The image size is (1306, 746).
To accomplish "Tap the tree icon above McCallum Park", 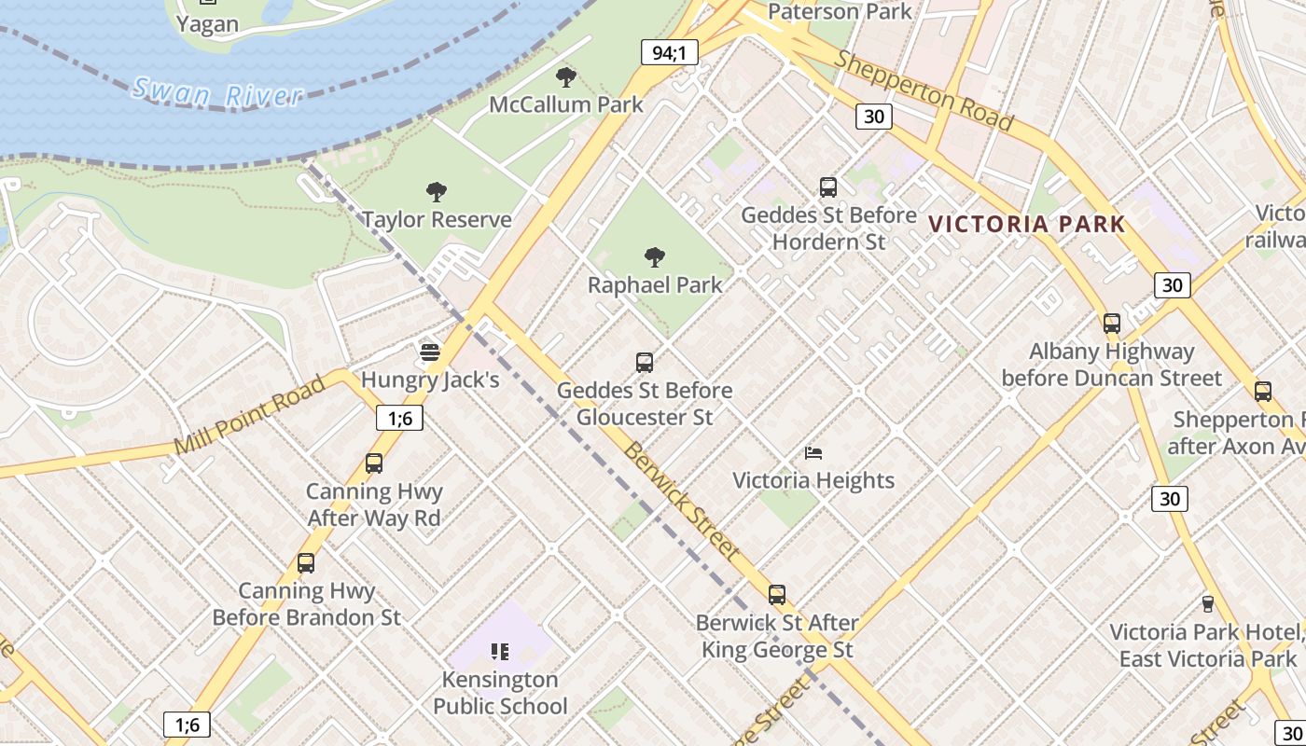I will click(x=565, y=76).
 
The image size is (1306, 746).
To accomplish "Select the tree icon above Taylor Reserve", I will click(x=436, y=192).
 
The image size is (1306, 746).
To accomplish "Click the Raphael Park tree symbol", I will click(x=655, y=256).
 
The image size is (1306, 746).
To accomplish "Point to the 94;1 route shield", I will click(x=670, y=53).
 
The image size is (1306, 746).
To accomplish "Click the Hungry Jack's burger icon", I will click(x=429, y=352).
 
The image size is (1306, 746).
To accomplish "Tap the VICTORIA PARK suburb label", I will click(x=1027, y=224).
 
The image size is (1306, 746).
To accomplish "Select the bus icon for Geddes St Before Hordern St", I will click(x=828, y=187).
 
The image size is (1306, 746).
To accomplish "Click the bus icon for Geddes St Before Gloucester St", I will click(x=644, y=363).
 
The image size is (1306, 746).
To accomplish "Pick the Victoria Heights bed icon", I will click(x=813, y=453).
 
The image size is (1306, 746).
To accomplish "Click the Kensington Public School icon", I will click(x=500, y=651).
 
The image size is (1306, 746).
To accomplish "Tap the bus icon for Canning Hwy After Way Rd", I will click(x=374, y=463).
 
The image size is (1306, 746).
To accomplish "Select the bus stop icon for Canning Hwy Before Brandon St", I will click(x=306, y=563).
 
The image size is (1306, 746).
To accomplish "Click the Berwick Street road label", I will click(x=682, y=500).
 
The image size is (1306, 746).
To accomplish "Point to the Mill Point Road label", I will click(x=250, y=414).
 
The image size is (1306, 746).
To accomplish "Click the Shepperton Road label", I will click(x=924, y=90).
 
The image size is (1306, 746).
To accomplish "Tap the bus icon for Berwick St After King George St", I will click(x=777, y=595).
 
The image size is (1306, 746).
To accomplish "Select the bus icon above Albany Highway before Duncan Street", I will click(x=1112, y=324).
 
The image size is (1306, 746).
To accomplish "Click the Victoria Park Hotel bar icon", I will click(x=1208, y=604).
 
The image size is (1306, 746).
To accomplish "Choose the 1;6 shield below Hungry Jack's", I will click(x=399, y=418).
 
